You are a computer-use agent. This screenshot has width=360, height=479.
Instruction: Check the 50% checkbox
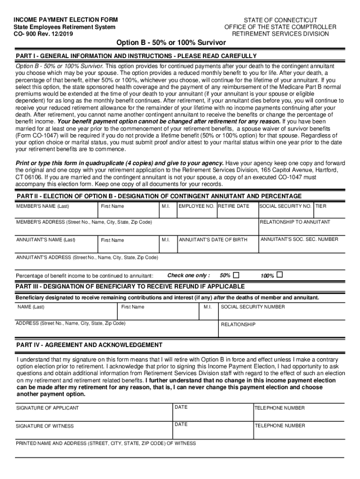click(236, 275)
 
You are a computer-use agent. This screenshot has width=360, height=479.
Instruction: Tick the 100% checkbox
click(280, 275)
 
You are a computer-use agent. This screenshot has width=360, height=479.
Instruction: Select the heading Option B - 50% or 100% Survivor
click(171, 43)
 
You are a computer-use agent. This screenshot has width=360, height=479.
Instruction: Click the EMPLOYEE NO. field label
click(196, 206)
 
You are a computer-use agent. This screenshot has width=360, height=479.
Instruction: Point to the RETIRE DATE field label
click(234, 206)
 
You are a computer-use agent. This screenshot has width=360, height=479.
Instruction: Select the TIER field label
click(321, 206)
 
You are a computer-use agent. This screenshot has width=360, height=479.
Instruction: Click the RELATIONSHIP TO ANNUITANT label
click(295, 222)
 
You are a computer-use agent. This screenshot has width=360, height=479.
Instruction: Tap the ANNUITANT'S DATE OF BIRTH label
click(213, 240)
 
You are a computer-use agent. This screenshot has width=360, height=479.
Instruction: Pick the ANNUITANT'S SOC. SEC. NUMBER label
click(299, 239)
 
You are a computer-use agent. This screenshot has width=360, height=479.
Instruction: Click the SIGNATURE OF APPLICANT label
click(48, 408)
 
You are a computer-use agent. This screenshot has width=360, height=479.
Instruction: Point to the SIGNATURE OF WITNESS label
click(45, 426)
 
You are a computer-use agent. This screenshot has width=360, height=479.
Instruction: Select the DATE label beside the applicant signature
click(181, 407)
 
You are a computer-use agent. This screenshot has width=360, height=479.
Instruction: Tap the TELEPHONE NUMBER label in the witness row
click(280, 426)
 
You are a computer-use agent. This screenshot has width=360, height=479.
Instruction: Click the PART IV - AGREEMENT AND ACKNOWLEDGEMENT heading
click(89, 345)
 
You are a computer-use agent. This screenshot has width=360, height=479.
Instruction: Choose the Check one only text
click(188, 276)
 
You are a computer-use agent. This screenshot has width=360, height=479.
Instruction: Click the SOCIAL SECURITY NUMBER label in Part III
click(252, 307)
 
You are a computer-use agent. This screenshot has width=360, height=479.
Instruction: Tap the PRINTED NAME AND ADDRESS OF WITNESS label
click(106, 443)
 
